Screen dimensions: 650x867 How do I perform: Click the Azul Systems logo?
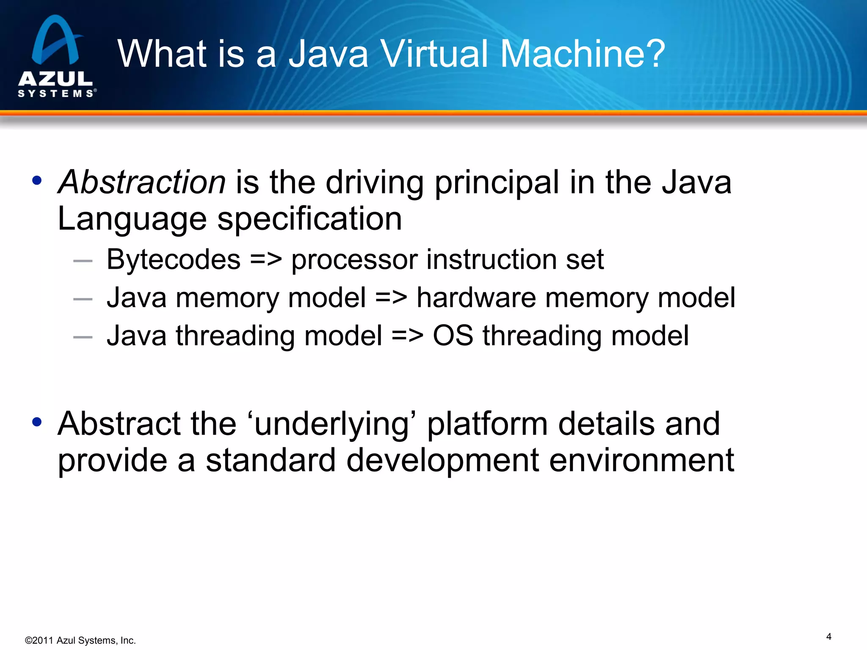tap(56, 56)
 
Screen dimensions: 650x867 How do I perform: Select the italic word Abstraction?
tap(142, 182)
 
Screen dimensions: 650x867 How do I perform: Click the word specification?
tap(309, 219)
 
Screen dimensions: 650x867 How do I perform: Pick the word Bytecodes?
tap(174, 259)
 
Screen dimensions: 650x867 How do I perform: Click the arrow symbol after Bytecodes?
tap(266, 259)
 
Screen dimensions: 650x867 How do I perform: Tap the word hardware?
tap(476, 297)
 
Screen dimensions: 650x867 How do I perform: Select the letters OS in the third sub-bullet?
tap(453, 336)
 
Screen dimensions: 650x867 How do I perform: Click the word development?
tap(442, 460)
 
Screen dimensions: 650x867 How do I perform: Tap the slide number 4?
tap(828, 636)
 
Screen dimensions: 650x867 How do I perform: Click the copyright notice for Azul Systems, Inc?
tap(80, 640)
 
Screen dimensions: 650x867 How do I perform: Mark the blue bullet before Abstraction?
tap(37, 181)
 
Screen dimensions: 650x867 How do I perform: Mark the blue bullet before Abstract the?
tap(37, 422)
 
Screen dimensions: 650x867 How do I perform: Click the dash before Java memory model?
tap(83, 299)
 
